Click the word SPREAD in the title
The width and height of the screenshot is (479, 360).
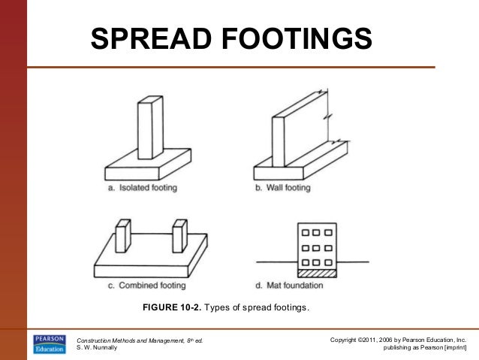[151, 38]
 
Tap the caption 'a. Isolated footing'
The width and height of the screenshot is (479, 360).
[143, 187]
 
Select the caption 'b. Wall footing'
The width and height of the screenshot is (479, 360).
[283, 187]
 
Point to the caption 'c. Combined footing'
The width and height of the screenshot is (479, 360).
[147, 286]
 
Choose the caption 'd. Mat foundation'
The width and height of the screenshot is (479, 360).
[289, 286]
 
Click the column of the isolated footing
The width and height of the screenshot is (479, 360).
[150, 128]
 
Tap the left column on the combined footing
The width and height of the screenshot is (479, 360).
[123, 236]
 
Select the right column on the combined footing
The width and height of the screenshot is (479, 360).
[179, 236]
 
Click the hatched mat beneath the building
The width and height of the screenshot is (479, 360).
[317, 273]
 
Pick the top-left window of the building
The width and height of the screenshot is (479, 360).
[305, 232]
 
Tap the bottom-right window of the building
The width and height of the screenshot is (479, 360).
[328, 262]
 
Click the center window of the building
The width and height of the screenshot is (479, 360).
[317, 247]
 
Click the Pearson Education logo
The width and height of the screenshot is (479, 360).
[50, 344]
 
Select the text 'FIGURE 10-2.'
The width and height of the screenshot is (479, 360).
[172, 307]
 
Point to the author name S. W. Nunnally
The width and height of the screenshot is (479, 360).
[97, 347]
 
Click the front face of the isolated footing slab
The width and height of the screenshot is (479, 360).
[132, 174]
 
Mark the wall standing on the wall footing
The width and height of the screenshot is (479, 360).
[300, 129]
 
